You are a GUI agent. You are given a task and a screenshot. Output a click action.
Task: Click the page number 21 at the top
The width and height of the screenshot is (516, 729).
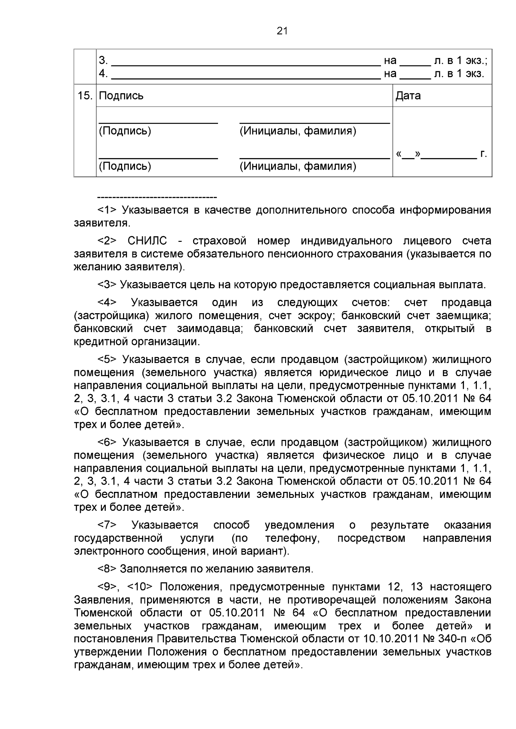point(282,31)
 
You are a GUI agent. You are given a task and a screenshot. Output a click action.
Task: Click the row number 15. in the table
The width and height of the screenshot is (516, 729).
point(85,96)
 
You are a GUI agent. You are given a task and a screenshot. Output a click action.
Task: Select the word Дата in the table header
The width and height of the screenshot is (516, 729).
point(408,96)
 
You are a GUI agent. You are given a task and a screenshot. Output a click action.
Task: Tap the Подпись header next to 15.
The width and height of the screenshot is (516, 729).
point(121,96)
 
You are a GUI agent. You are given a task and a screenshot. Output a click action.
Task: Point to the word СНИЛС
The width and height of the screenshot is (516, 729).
point(147,241)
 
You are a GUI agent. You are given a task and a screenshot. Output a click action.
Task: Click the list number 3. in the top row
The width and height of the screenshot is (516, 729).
point(103,61)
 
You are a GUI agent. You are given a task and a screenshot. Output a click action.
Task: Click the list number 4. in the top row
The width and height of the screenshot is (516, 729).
point(103,73)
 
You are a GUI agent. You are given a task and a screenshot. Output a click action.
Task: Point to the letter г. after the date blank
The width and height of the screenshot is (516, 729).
point(484,154)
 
